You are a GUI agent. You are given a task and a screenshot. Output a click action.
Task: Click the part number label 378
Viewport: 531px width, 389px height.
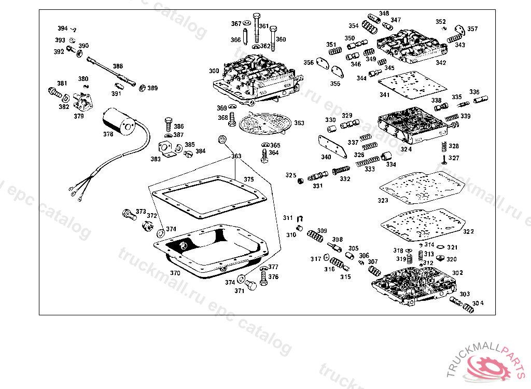[x=107, y=134]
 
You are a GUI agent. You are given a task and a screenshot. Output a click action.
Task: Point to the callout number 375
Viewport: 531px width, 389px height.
[x=249, y=179]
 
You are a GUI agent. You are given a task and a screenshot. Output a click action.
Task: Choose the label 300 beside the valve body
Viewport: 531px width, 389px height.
[x=214, y=71]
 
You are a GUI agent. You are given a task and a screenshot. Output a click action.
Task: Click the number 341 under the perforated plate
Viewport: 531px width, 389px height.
[x=384, y=95]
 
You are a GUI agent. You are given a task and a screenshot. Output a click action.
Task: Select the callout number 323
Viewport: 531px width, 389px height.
[x=383, y=200]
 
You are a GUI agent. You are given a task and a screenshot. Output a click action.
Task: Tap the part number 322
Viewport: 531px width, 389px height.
[x=468, y=231]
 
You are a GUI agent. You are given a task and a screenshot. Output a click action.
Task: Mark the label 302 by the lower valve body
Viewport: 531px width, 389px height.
[x=457, y=273]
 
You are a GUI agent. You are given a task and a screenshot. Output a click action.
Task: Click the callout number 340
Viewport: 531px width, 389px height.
[x=326, y=157]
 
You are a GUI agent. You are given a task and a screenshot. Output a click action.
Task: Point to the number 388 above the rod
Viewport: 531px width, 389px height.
[x=118, y=66]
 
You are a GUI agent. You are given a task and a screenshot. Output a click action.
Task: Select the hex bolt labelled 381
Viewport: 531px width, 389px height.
[x=53, y=93]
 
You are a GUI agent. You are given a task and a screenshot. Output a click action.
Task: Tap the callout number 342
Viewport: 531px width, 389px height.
[x=441, y=63]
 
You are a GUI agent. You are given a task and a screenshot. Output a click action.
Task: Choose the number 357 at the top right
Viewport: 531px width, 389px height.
[x=472, y=29]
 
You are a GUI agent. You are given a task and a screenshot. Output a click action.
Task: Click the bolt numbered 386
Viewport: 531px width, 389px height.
[x=168, y=123]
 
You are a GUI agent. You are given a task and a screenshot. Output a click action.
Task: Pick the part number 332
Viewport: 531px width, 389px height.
[x=345, y=179]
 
